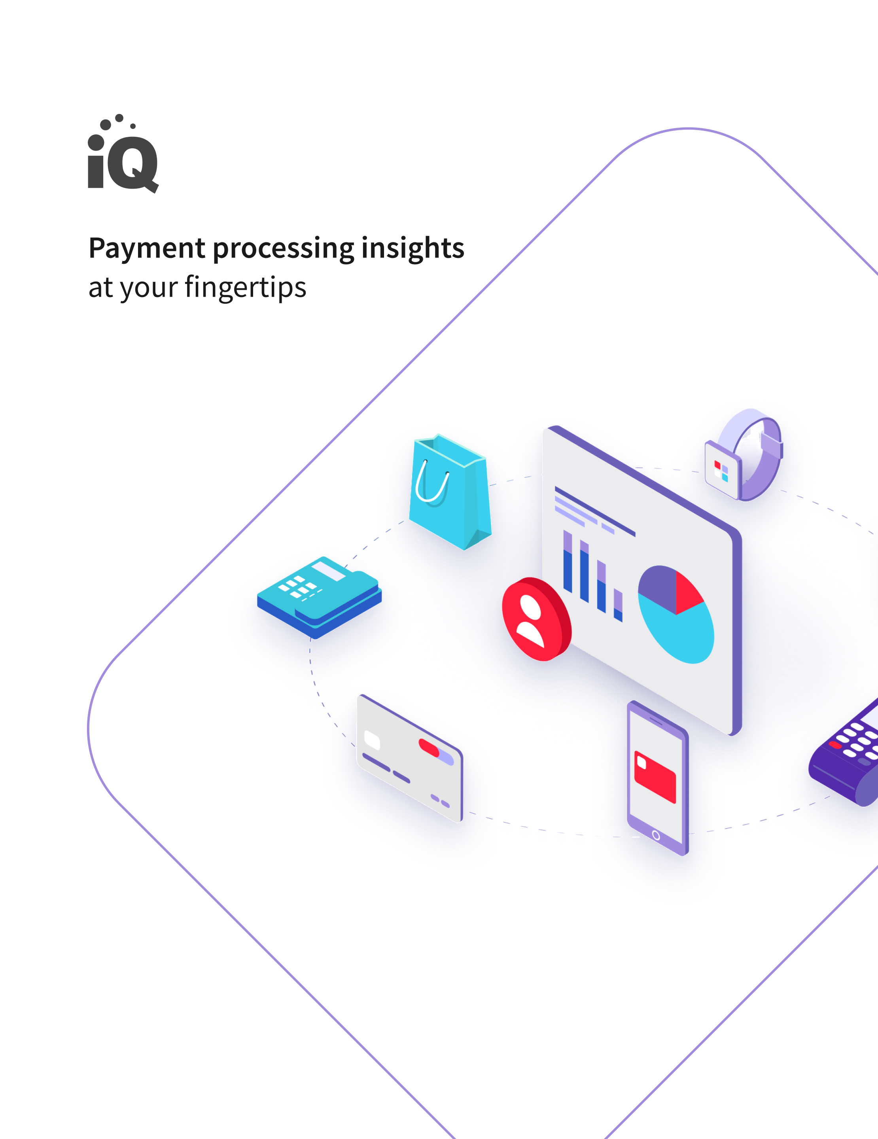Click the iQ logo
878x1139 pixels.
[x=123, y=153]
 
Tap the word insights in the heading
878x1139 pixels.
[x=413, y=249]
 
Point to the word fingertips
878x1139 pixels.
[x=246, y=288]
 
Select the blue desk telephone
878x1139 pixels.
[x=320, y=597]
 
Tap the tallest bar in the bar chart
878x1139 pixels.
[x=568, y=562]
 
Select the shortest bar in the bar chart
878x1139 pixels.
[x=618, y=605]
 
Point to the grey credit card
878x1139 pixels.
[x=410, y=758]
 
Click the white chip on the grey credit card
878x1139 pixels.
[x=372, y=740]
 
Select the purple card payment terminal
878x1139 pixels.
[x=845, y=755]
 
